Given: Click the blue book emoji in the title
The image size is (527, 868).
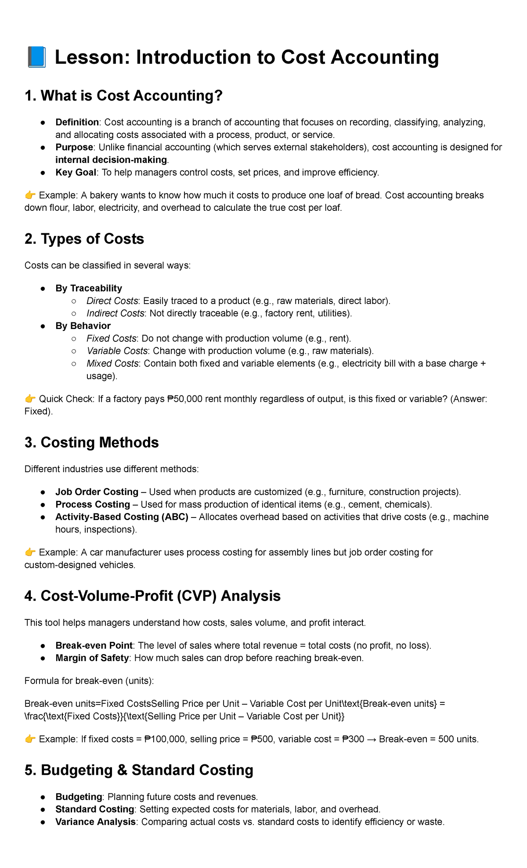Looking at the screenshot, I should tap(36, 58).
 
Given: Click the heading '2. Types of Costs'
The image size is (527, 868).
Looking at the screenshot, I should tap(84, 239).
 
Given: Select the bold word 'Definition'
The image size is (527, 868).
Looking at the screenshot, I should tap(77, 122).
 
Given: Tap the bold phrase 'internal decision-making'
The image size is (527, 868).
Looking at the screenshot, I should tap(111, 160).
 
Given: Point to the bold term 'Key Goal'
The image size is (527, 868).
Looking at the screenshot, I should tap(76, 173).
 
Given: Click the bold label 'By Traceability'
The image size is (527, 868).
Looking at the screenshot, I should tap(88, 288).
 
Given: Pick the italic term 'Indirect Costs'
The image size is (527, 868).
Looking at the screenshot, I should tap(115, 313).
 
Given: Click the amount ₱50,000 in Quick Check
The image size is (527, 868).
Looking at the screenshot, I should tap(185, 399).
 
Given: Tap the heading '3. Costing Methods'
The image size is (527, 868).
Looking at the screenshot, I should tap(91, 442).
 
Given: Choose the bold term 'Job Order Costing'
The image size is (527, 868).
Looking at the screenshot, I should tap(97, 492).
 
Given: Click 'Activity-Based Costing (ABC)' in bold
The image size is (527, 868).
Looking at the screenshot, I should tap(122, 517).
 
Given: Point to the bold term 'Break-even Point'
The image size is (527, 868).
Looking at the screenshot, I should tap(94, 646).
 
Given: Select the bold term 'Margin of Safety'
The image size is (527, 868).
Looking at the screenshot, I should tap(92, 658).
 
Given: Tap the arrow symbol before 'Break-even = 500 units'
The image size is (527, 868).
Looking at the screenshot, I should tap(372, 739).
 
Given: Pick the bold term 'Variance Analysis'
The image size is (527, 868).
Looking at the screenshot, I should tap(95, 822).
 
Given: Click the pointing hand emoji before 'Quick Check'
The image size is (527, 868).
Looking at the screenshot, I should tap(30, 399).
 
